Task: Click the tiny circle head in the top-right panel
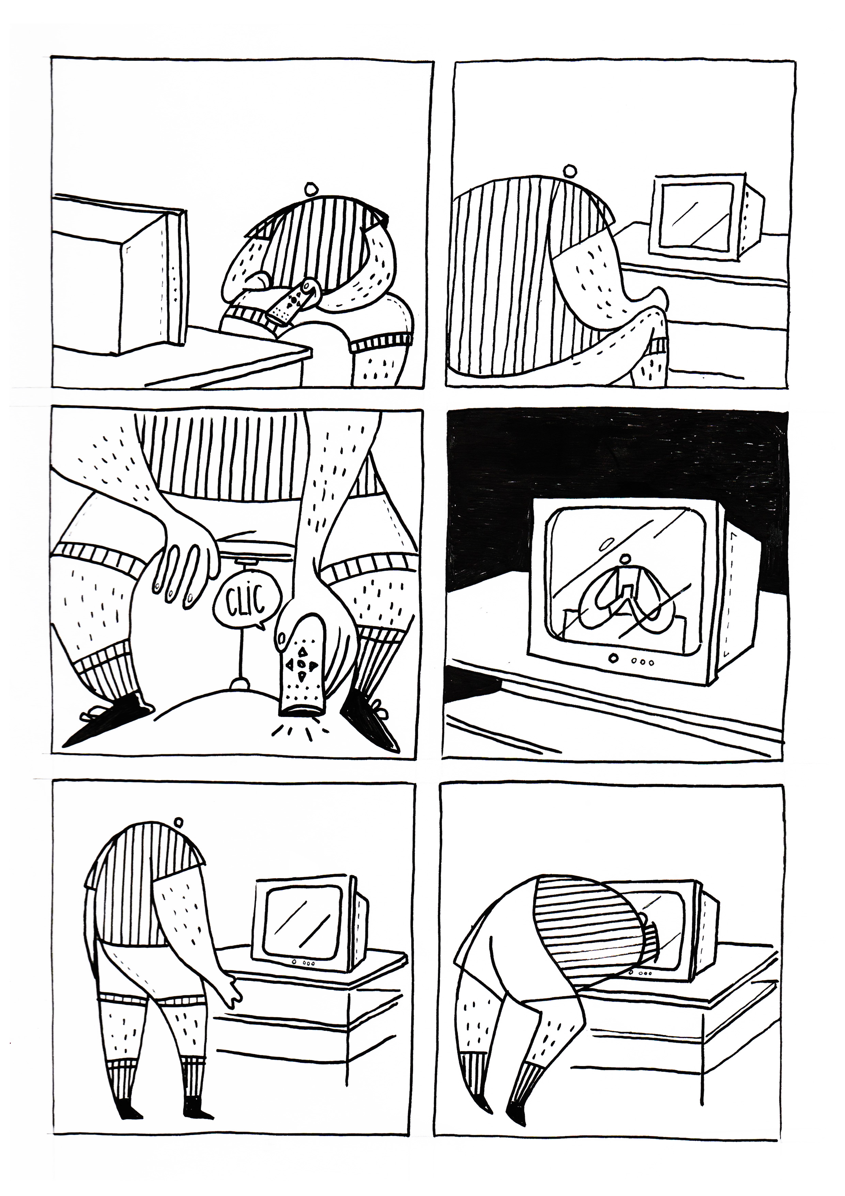click(571, 170)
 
